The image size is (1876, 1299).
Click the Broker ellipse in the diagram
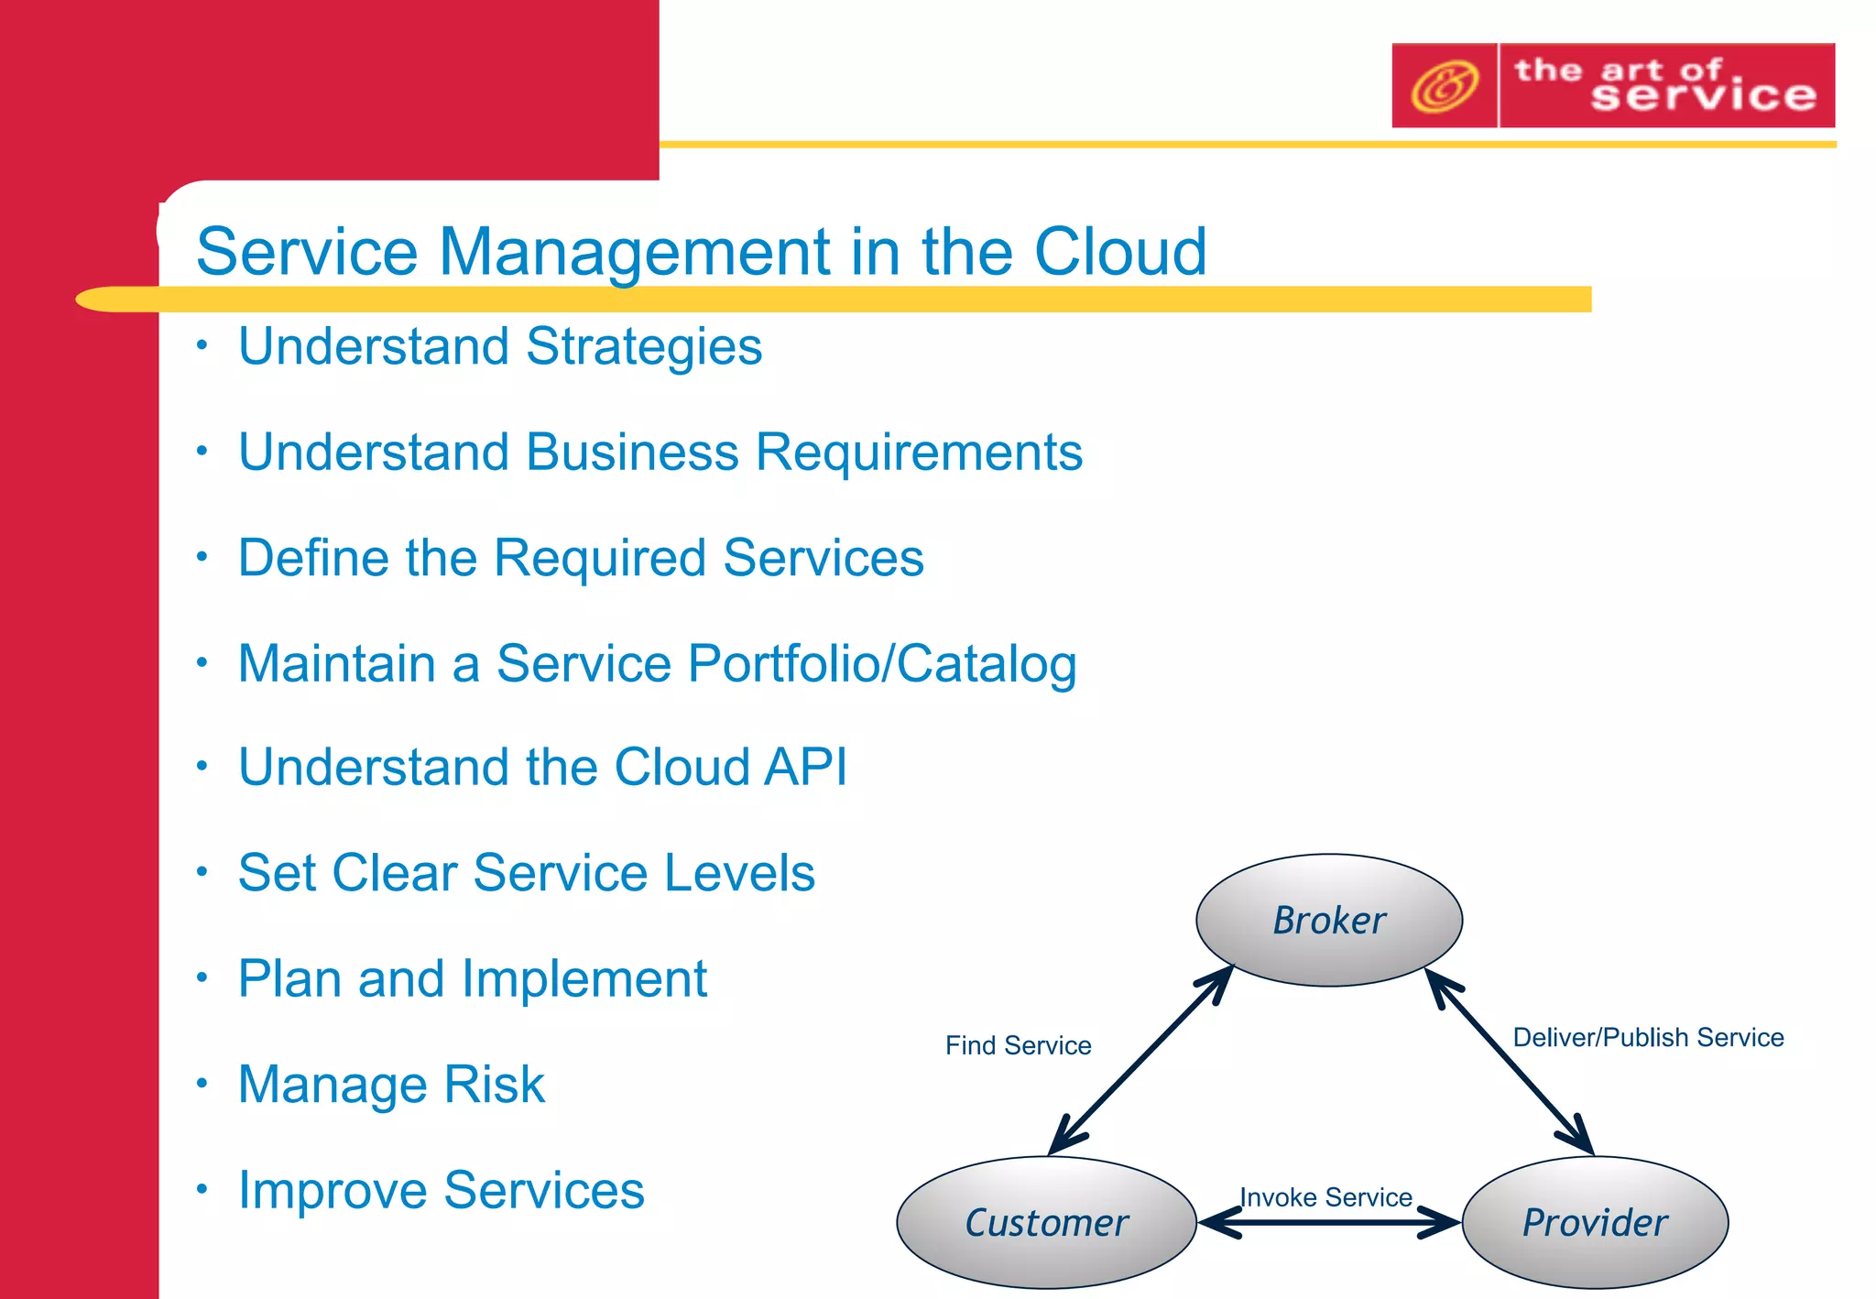[x=1328, y=920]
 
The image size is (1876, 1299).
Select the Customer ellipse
[x=1046, y=1222]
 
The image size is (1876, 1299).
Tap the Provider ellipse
[x=1595, y=1222]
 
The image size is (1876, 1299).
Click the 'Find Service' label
[x=1018, y=1045]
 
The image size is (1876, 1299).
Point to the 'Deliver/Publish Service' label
[x=1647, y=1037]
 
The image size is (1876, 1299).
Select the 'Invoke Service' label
[x=1325, y=1196]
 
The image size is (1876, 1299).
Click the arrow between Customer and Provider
[x=1328, y=1222]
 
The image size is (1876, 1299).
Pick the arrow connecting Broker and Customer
[x=1141, y=1061]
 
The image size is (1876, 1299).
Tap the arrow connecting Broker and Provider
[x=1510, y=1063]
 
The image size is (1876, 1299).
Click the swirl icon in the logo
[x=1444, y=86]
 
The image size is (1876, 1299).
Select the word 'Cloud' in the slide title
[x=1119, y=251]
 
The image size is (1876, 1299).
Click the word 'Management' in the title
[x=636, y=251]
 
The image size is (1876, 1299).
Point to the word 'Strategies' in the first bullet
[x=643, y=346]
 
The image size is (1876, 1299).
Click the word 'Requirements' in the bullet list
[x=919, y=453]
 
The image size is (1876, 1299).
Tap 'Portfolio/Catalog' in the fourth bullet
[x=881, y=663]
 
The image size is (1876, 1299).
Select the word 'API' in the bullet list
[x=805, y=767]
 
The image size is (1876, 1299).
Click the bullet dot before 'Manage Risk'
[x=202, y=1084]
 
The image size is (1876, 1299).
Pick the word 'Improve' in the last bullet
[x=332, y=1190]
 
